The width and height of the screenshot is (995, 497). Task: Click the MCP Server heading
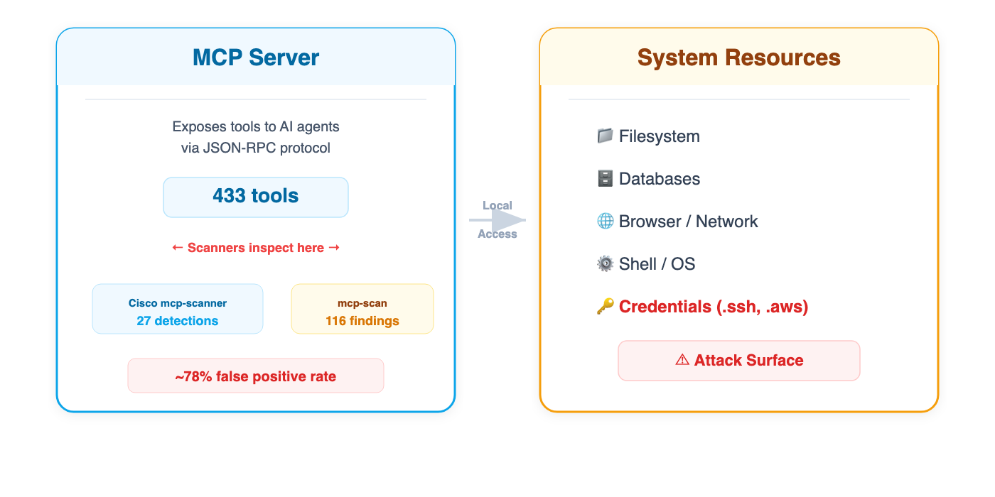256,58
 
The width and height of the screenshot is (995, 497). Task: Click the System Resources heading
738,58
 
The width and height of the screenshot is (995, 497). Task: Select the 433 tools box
256,197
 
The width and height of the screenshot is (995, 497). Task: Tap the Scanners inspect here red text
256,248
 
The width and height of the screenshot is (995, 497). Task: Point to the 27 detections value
178,321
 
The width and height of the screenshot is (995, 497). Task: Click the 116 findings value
362,321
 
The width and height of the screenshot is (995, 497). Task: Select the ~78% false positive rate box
256,376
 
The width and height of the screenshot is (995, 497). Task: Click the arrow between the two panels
497,220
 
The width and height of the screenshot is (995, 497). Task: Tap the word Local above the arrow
497,206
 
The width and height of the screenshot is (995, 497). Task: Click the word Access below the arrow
497,234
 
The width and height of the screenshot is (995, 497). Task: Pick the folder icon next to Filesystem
605,136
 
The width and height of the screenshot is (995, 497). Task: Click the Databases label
659,179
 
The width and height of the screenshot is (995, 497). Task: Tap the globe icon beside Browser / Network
605,221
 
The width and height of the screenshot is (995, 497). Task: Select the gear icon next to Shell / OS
605,263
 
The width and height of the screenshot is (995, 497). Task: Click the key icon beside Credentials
605,307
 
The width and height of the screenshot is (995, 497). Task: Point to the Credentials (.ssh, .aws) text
714,307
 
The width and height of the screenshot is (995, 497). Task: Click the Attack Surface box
739,361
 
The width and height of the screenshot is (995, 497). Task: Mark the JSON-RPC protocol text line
256,148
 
